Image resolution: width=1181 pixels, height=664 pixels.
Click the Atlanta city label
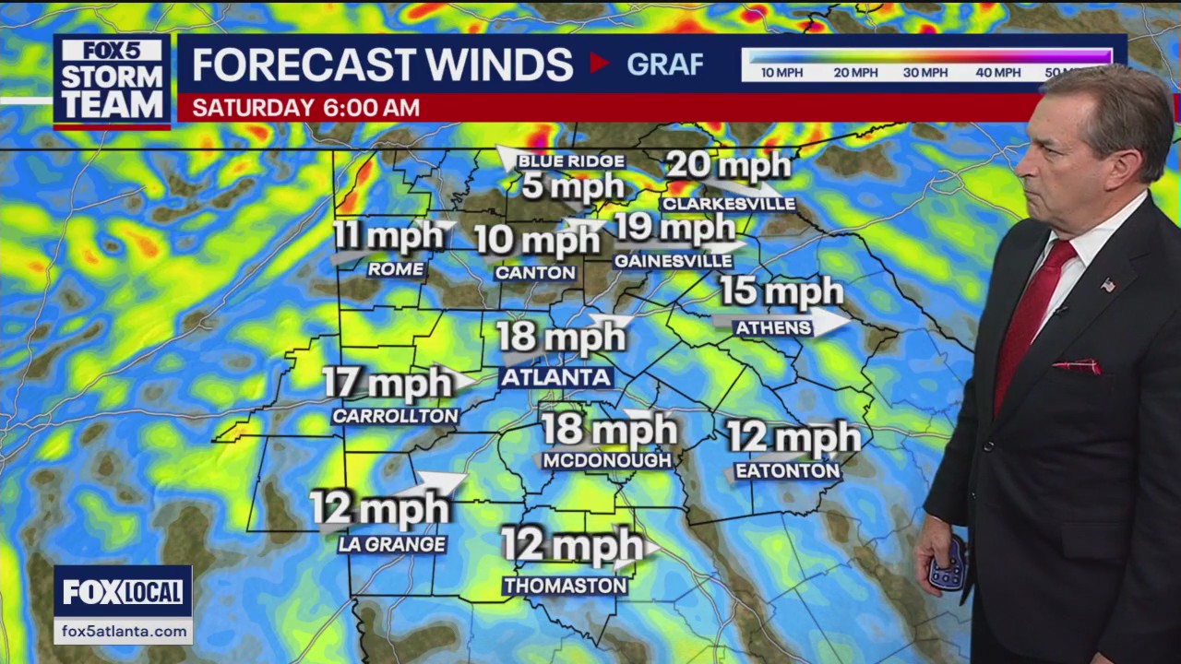(555, 377)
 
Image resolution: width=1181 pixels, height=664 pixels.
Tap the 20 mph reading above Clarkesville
(728, 166)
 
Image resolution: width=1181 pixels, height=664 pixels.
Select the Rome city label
(395, 269)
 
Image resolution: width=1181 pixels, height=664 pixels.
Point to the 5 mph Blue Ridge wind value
(572, 187)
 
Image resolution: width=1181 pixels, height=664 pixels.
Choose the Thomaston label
(566, 586)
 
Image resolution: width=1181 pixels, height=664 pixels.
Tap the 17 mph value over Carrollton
(388, 383)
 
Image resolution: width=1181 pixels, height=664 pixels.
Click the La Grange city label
(392, 544)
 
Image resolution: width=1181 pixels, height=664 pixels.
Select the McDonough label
(606, 460)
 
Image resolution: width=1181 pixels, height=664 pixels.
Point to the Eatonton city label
(787, 471)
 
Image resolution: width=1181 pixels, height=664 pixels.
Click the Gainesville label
(674, 261)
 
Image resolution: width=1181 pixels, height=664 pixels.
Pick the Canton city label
(535, 272)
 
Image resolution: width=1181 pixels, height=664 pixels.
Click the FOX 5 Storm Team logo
(112, 81)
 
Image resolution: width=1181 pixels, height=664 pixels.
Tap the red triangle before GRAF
(600, 64)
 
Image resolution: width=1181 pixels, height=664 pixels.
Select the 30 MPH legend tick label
(925, 73)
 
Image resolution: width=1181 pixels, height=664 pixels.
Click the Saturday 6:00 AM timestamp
(305, 108)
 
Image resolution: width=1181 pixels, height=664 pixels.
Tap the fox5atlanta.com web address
(123, 631)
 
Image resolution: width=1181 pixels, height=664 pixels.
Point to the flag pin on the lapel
(1107, 285)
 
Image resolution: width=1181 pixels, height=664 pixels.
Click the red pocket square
(1077, 366)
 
